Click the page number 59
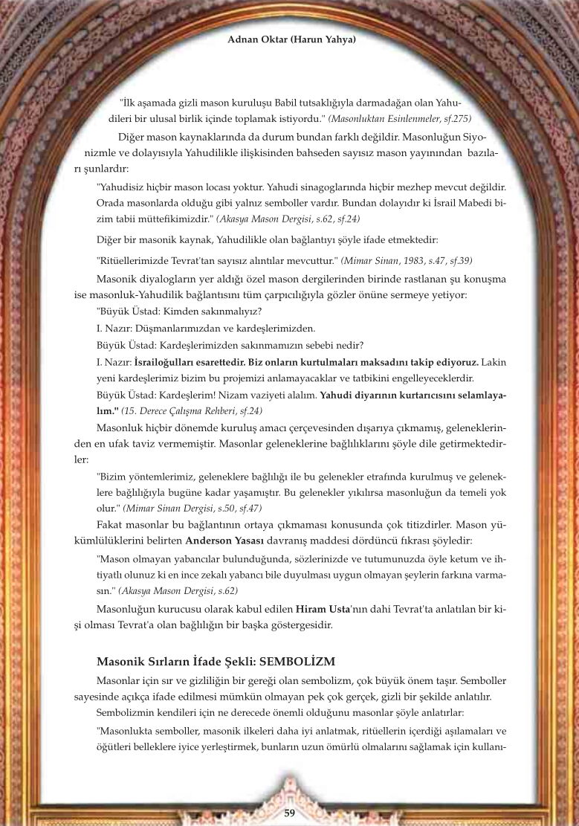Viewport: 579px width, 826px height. (290, 813)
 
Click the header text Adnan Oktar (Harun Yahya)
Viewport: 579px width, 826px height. (291, 39)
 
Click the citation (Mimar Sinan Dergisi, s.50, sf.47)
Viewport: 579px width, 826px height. (192, 509)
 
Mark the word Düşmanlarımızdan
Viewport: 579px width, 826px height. (177, 329)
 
